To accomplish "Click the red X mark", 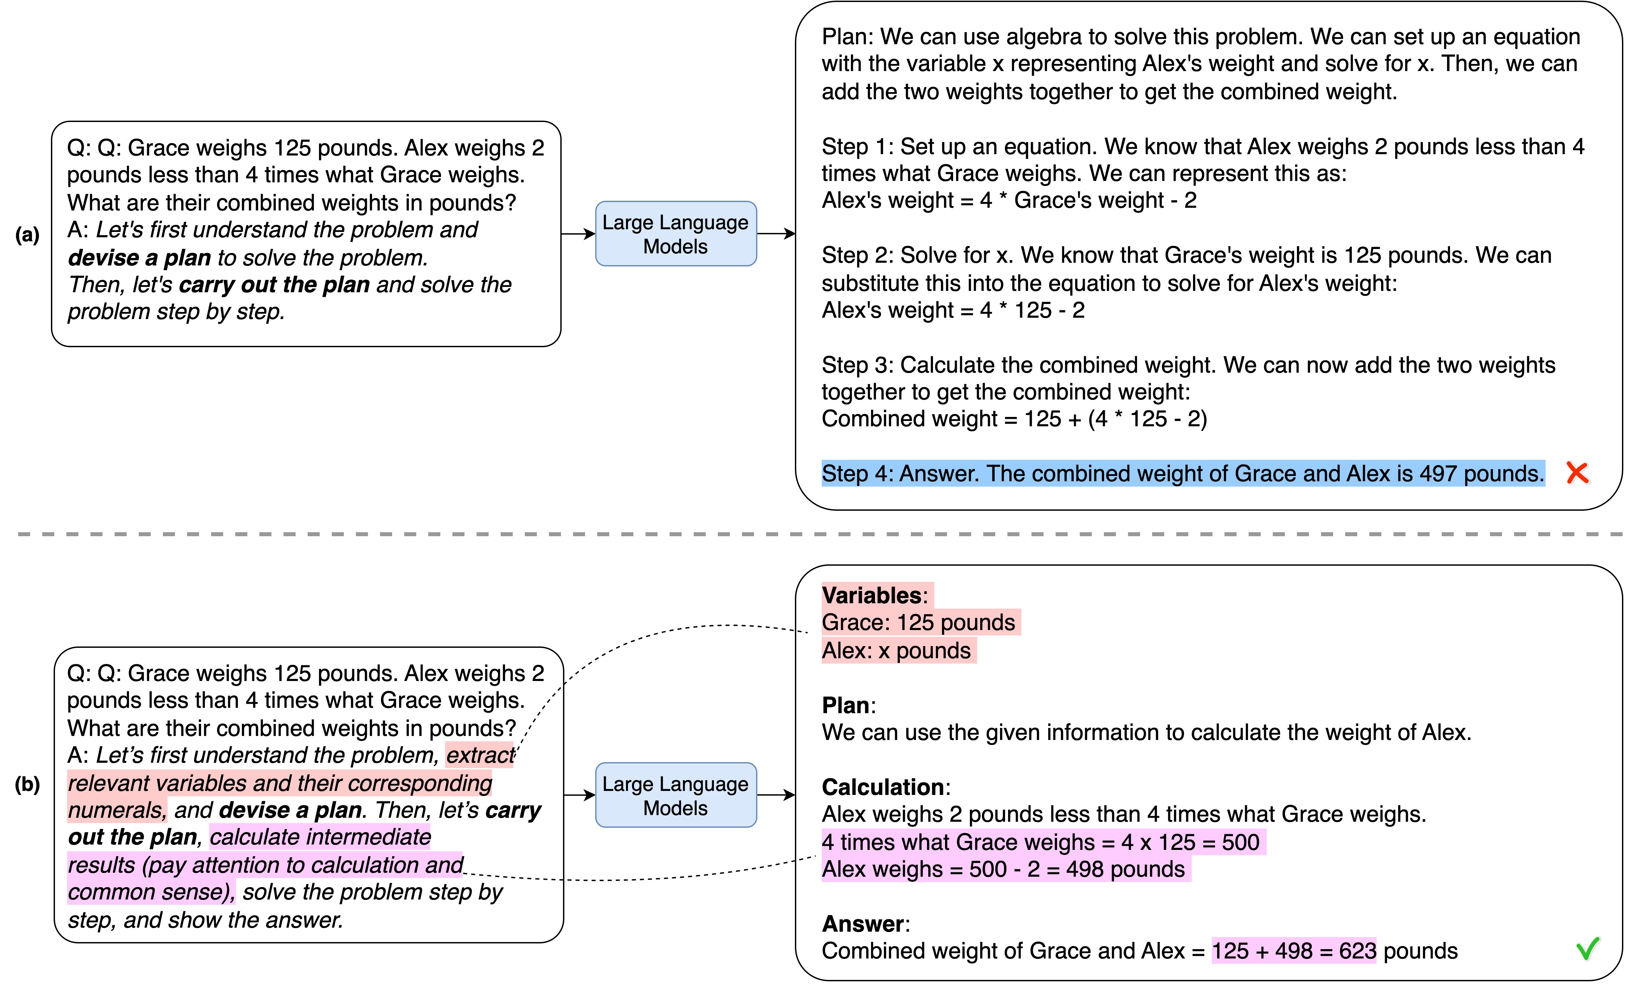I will (1577, 473).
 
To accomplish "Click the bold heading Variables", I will (871, 595).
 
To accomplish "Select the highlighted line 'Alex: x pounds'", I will (896, 651).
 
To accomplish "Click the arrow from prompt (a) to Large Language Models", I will (578, 234).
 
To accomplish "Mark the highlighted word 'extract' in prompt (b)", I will (480, 755).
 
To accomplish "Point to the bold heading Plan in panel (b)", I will (845, 705).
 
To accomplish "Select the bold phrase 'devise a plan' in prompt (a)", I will (139, 257).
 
